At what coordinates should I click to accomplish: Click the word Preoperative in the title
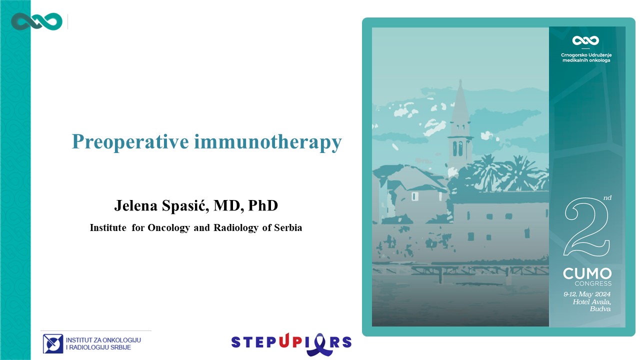click(x=130, y=141)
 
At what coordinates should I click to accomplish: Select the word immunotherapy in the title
click(x=268, y=141)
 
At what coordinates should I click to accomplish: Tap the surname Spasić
click(x=185, y=205)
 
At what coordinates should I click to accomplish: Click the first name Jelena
click(x=135, y=205)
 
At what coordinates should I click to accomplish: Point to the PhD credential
click(x=263, y=205)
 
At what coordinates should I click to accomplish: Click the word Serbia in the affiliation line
click(x=288, y=227)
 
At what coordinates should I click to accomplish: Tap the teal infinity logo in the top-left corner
click(x=36, y=21)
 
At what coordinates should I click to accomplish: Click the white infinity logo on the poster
click(x=585, y=40)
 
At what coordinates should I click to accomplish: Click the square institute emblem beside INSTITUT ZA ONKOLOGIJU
click(x=53, y=343)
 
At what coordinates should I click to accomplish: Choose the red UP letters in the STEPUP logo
click(x=290, y=341)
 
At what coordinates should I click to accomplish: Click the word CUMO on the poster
click(x=587, y=274)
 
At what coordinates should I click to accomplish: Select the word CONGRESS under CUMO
click(x=593, y=283)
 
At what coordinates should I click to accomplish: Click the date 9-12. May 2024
click(x=587, y=294)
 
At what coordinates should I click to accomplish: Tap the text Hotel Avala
click(x=591, y=301)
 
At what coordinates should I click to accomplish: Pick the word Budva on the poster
click(x=600, y=309)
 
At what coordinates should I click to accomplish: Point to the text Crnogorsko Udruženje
click(x=586, y=55)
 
